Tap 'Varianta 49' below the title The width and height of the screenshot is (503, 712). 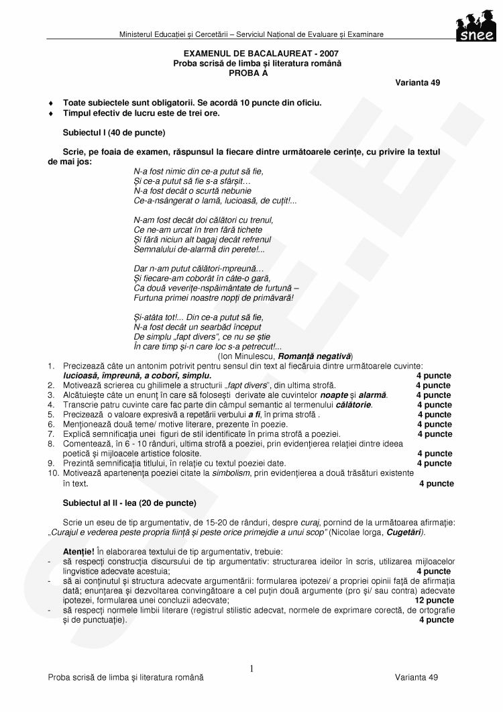click(x=418, y=82)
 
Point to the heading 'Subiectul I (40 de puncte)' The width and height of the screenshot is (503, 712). click(x=114, y=132)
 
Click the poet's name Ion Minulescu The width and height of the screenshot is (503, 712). click(x=247, y=356)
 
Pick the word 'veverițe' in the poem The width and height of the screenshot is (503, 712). click(x=178, y=287)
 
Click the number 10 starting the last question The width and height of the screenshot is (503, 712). click(x=53, y=473)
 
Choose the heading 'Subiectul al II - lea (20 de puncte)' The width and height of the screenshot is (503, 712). click(x=129, y=503)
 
